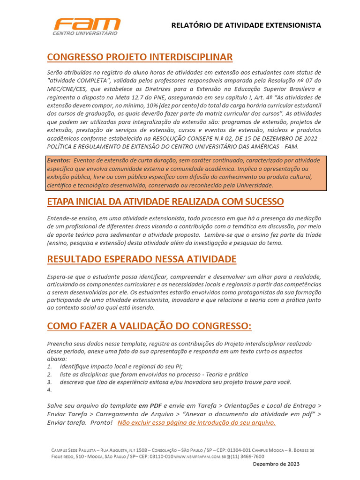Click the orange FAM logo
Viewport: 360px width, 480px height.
86,24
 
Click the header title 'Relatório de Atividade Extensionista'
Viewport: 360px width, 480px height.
246,25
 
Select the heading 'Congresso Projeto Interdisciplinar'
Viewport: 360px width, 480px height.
140,57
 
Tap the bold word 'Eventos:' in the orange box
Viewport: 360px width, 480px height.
59,160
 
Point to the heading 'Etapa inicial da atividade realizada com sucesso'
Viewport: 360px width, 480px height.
165,202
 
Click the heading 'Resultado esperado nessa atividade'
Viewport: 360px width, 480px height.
142,259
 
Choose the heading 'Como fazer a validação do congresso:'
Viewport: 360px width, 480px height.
149,326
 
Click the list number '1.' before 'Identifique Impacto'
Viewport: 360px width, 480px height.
50,366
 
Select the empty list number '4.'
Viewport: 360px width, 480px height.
50,390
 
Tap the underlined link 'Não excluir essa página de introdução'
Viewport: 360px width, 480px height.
196,423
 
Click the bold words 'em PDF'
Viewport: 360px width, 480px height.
150,405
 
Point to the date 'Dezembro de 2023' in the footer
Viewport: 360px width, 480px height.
276,464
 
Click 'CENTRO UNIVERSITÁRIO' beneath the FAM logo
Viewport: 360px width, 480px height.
85,33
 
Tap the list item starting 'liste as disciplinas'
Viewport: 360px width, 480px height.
154,374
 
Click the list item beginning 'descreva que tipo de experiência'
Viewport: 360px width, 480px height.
175,382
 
